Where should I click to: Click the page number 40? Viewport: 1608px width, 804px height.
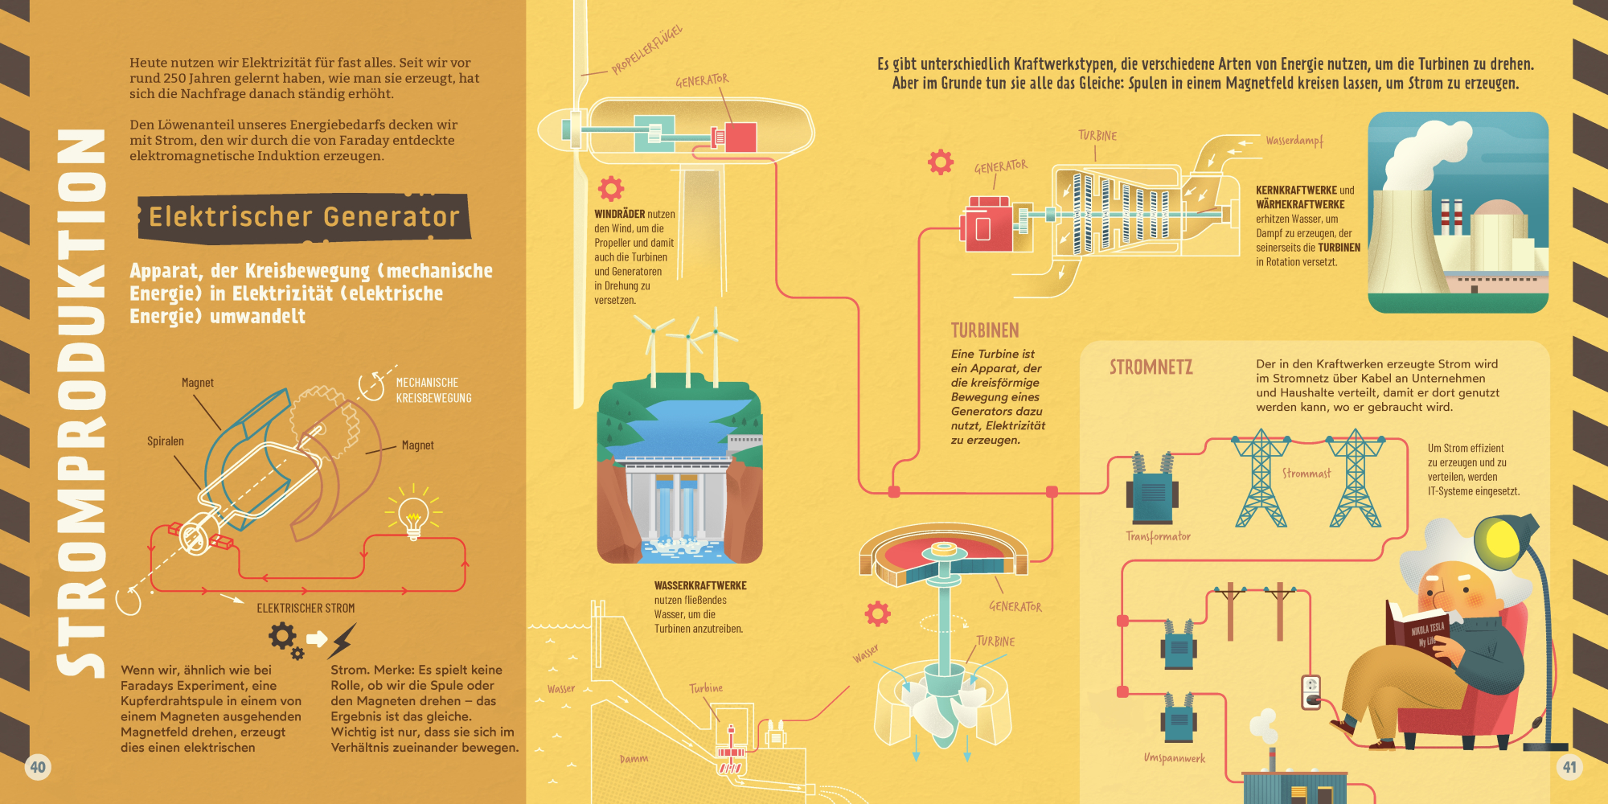click(x=38, y=767)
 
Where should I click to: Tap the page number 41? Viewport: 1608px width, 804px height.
click(x=1569, y=767)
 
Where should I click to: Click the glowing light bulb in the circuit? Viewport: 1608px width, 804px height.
click(x=413, y=515)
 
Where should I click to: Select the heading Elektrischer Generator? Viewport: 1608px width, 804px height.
click(x=304, y=217)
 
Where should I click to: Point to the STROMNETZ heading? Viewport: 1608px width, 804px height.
click(x=1151, y=367)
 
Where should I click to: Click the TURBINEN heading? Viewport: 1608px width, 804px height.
click(x=985, y=330)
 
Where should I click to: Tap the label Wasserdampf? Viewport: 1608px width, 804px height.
click(x=1294, y=141)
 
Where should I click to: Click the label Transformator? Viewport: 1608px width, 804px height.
click(x=1158, y=536)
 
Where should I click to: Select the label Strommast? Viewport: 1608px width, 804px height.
click(x=1306, y=474)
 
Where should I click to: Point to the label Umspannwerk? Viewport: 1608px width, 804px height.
click(x=1175, y=758)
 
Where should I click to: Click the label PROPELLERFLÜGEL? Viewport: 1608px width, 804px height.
click(x=646, y=50)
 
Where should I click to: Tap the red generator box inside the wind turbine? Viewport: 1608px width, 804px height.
click(x=740, y=137)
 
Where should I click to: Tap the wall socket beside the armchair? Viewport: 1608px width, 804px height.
click(x=1311, y=692)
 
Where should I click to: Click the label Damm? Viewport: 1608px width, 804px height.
click(x=634, y=759)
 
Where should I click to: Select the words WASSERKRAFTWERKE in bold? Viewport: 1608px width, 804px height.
click(x=700, y=586)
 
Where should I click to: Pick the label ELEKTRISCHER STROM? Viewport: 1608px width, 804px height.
click(x=306, y=609)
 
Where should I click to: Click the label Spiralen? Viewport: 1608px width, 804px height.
click(x=166, y=441)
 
